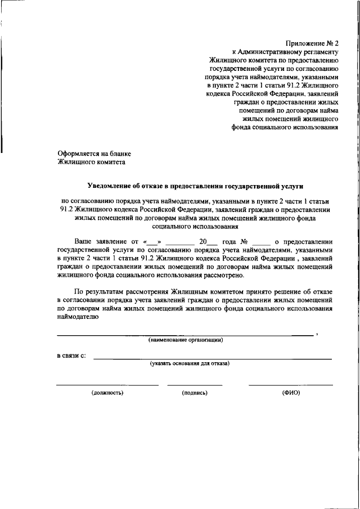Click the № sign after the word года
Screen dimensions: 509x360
(245, 241)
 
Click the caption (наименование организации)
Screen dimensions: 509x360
(186, 340)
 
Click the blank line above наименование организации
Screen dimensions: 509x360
(186, 335)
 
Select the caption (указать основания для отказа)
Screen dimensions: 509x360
(189, 364)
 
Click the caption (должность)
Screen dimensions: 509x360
(107, 393)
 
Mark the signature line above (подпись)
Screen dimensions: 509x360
(195, 385)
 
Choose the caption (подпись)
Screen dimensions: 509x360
(195, 393)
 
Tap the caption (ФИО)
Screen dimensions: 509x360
(291, 393)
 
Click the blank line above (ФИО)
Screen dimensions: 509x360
(291, 385)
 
